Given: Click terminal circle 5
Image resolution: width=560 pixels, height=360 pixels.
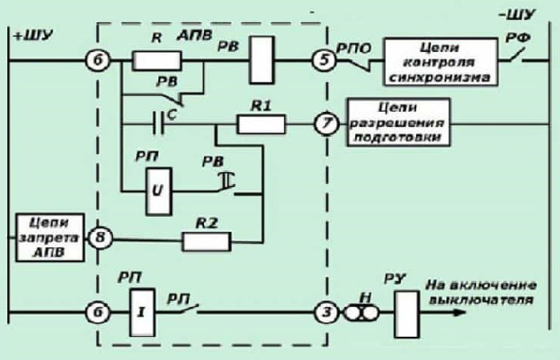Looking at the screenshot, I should [x=320, y=58].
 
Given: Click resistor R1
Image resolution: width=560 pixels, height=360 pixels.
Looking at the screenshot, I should [x=261, y=125].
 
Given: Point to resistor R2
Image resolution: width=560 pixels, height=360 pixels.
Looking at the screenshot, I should [x=207, y=239].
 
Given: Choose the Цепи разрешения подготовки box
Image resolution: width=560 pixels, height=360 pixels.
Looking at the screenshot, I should [x=397, y=122].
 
